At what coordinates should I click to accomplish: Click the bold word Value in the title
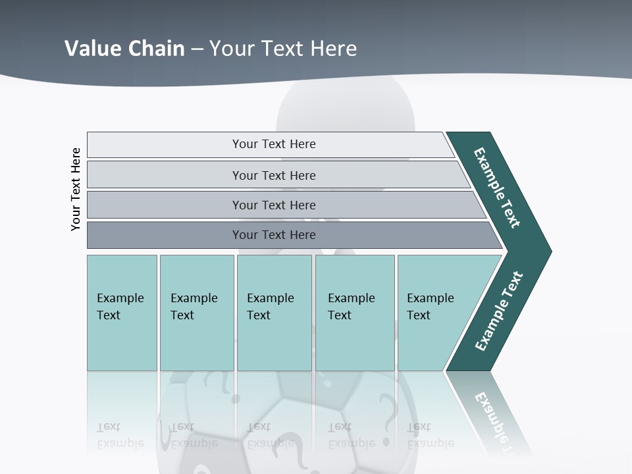tap(92, 49)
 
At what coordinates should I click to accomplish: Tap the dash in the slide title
tap(197, 49)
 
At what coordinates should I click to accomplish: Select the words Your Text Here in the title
tap(283, 49)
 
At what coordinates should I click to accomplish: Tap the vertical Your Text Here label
tap(76, 189)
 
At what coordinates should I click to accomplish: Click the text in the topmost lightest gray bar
tap(274, 144)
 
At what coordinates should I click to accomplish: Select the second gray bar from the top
tap(274, 175)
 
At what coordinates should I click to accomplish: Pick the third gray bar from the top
tap(274, 205)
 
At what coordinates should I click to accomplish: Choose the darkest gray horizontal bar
tap(274, 235)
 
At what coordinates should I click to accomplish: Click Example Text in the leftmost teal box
tap(120, 307)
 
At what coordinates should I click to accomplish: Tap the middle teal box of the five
tap(274, 313)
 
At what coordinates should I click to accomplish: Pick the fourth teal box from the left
tap(354, 313)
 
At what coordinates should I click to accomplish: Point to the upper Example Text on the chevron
tap(497, 188)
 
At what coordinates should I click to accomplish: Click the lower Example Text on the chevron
tap(498, 311)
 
